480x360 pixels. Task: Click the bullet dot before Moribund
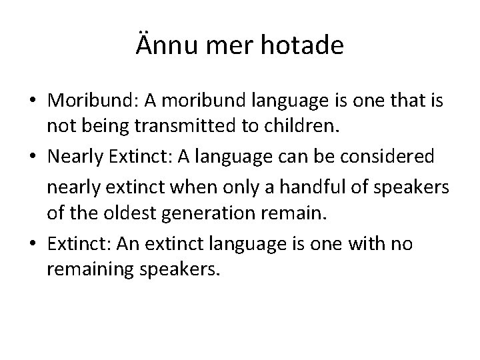pos(33,100)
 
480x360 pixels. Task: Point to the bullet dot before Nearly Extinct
pos(33,156)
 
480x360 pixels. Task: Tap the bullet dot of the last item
pos(33,245)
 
